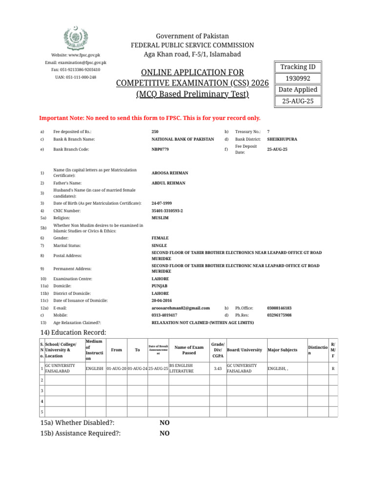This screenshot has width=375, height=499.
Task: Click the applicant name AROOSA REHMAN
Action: tap(170, 173)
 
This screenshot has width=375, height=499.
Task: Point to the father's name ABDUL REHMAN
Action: tap(168, 183)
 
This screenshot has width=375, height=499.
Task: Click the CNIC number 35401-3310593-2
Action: tap(167, 211)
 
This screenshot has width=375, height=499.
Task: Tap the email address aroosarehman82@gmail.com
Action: tap(181, 308)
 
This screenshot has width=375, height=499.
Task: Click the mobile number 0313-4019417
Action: tap(165, 315)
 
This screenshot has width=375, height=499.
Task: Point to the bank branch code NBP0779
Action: tap(160, 149)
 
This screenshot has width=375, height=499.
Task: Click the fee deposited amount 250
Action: tap(155, 132)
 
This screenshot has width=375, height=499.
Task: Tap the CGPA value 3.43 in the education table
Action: tap(218, 368)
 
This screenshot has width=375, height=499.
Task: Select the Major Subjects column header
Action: tap(282, 350)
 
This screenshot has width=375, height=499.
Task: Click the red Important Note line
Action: tap(149, 118)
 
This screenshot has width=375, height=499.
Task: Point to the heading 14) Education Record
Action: tap(73, 333)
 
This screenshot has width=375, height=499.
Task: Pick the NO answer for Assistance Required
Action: tap(165, 433)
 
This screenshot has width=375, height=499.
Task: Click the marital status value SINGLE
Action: tap(159, 246)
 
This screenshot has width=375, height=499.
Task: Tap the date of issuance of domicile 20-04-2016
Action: tap(162, 301)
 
